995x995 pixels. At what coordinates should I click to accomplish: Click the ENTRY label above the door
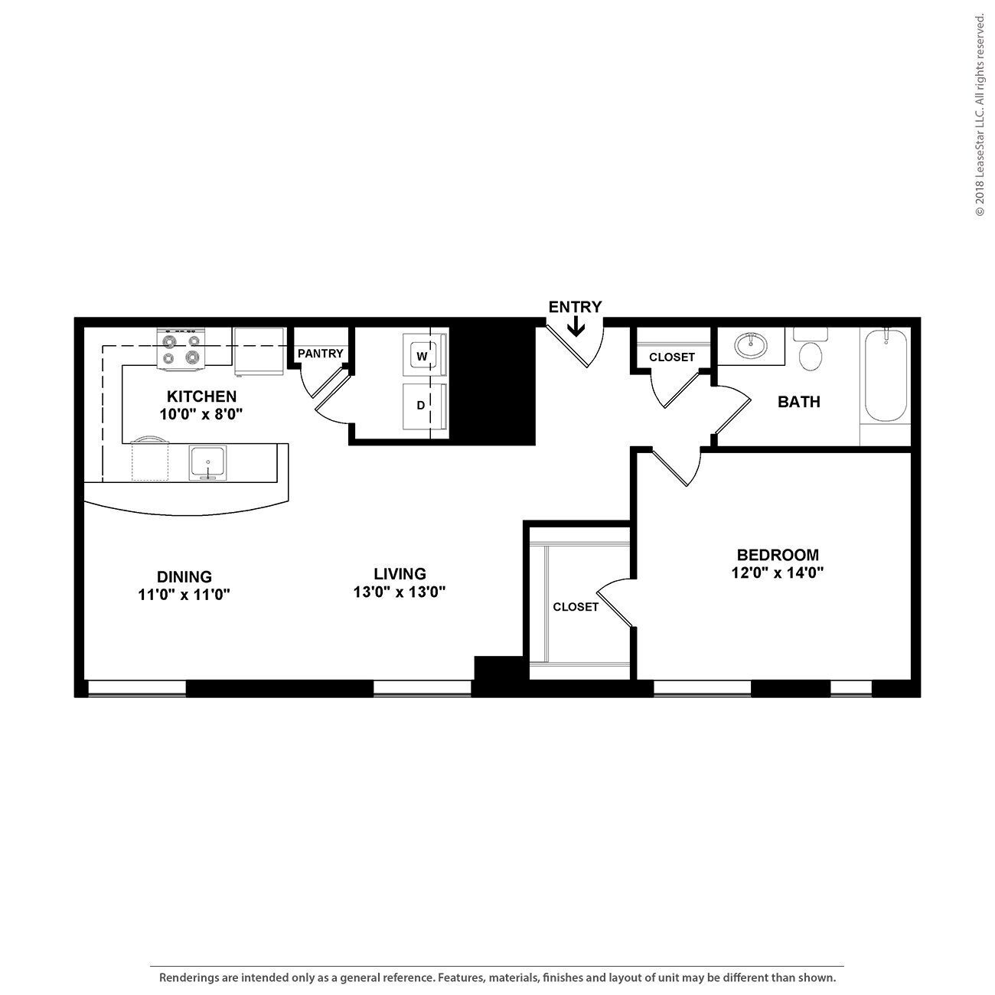tap(575, 307)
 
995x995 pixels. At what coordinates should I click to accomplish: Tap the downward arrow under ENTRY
tap(576, 328)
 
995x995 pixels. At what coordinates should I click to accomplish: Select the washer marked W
tap(421, 356)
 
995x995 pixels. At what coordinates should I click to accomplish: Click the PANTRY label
tap(321, 354)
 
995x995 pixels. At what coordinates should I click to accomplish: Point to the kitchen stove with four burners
tap(181, 349)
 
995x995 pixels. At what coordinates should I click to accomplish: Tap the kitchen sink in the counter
tap(207, 463)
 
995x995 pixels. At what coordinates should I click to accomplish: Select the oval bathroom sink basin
tap(751, 346)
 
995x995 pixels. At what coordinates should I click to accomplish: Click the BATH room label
tap(798, 402)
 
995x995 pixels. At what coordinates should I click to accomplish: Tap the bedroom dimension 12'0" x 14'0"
tap(777, 572)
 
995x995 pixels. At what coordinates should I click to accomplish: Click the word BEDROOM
tap(777, 555)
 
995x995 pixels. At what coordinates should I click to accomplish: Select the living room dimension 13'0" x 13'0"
tap(400, 592)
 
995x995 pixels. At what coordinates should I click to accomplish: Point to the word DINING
tap(184, 576)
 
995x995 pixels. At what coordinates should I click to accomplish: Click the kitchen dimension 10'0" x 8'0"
tap(201, 414)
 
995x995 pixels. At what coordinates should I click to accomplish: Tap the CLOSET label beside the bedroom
tap(576, 607)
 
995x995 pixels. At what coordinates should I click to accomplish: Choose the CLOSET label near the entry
tap(672, 357)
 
